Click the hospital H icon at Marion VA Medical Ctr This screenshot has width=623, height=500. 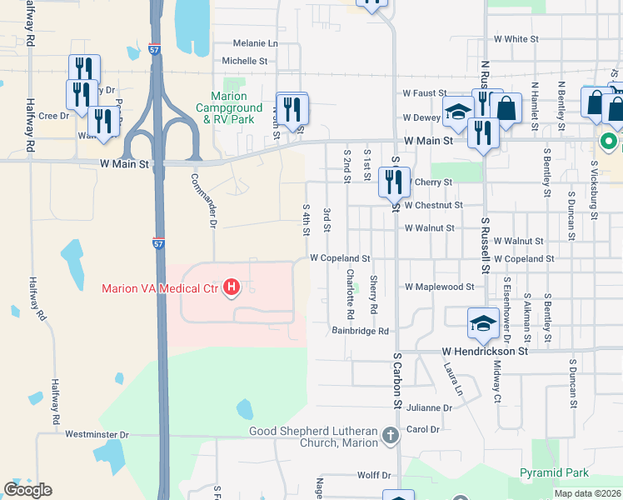[232, 289]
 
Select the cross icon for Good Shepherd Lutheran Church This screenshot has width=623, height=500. [390, 436]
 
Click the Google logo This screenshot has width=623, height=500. [27, 490]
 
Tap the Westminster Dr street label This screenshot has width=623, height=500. [97, 435]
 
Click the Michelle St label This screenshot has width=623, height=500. [244, 61]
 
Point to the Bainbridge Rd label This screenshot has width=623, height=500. [361, 331]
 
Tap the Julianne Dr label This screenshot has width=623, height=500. [430, 408]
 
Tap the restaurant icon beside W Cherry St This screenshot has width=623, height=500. [394, 181]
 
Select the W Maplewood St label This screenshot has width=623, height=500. [439, 287]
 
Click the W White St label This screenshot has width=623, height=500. [516, 39]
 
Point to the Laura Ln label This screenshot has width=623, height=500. [452, 377]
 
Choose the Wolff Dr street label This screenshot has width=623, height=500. [374, 475]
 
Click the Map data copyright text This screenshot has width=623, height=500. [587, 493]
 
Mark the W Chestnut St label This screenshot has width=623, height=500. [433, 205]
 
